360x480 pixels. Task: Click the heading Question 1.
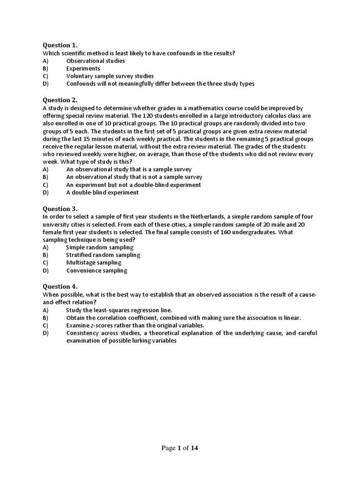[60, 45]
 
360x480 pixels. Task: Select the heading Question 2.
[60, 100]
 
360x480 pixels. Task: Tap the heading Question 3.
[60, 209]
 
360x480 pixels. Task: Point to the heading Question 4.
[60, 286]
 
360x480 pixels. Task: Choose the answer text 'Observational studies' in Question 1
[96, 61]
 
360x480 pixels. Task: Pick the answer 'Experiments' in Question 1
[83, 68]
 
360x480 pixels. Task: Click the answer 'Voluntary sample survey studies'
[110, 76]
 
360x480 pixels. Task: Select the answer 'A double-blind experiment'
[102, 192]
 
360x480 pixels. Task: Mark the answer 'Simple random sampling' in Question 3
[99, 247]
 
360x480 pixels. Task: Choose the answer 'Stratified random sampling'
[103, 255]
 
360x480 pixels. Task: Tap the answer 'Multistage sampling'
[94, 262]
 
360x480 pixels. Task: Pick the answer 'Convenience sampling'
[96, 270]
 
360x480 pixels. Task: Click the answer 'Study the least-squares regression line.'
[119, 310]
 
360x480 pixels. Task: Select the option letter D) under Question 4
[45, 333]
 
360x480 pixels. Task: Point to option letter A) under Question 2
[45, 169]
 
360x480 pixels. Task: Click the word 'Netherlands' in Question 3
[208, 217]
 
